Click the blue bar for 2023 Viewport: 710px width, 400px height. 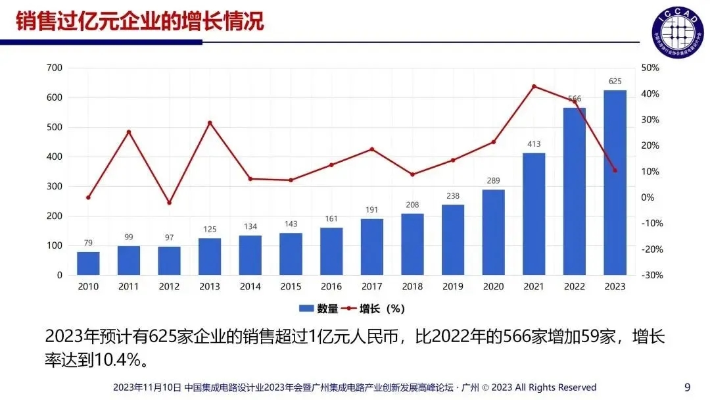click(x=615, y=182)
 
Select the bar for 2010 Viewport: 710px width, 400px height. click(x=88, y=263)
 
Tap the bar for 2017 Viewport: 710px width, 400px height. click(x=371, y=247)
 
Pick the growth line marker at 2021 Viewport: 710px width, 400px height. click(x=534, y=86)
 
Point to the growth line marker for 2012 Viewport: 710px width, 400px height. click(x=169, y=203)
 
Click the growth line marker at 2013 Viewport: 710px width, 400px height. click(x=210, y=123)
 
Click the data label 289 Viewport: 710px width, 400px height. click(x=493, y=180)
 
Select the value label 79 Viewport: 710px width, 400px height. click(x=88, y=242)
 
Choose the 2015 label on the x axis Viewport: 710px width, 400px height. click(x=291, y=287)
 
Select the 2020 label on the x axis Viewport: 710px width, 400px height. click(x=493, y=287)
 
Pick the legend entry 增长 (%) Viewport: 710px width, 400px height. click(x=379, y=308)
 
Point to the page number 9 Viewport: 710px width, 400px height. click(x=688, y=386)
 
